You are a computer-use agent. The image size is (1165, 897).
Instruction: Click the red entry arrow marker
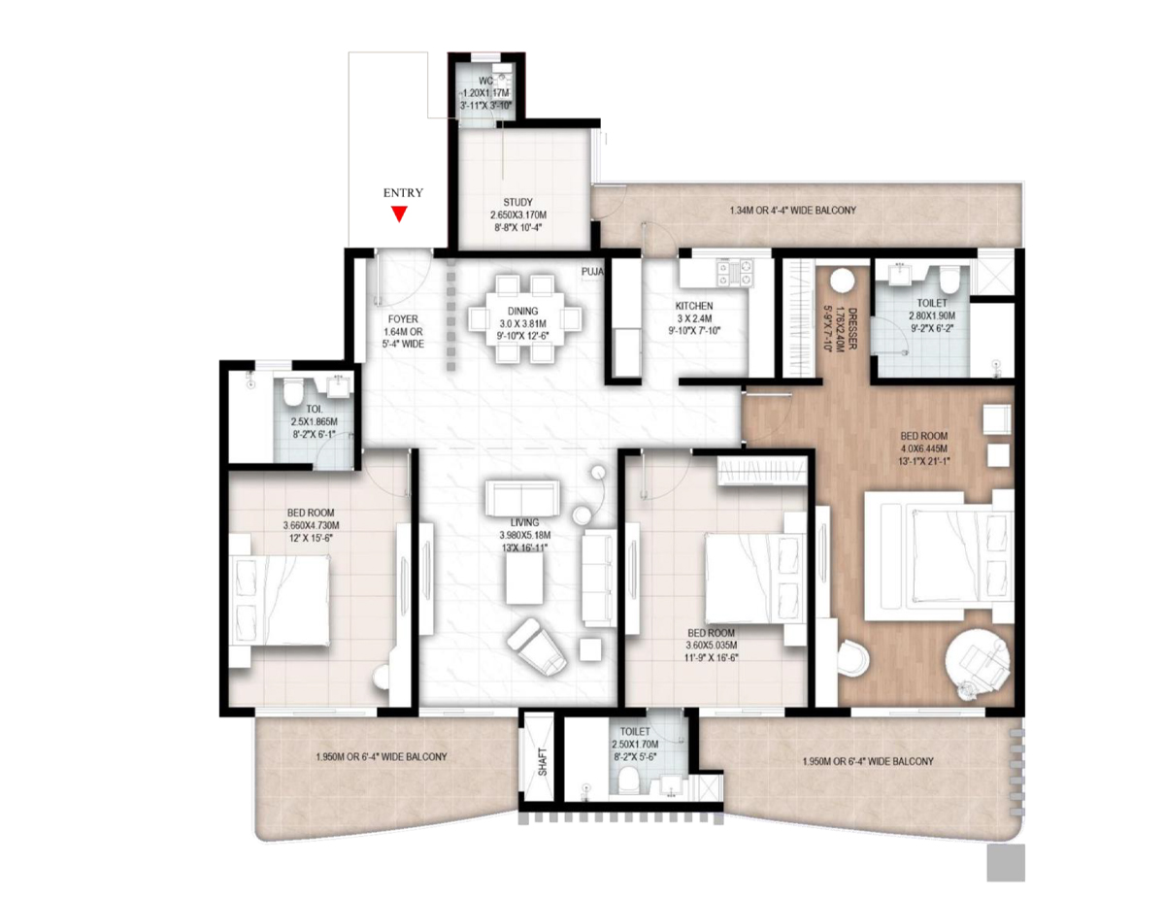pos(398,214)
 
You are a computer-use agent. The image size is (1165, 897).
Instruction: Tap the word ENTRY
pos(403,192)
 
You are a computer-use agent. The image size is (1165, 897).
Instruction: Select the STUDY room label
pos(517,202)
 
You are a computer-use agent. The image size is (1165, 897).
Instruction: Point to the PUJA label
pos(592,272)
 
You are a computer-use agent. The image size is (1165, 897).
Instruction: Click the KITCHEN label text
pos(694,306)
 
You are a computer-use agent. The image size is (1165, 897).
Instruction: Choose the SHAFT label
pos(543,761)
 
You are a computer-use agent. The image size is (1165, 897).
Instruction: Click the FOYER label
pos(403,319)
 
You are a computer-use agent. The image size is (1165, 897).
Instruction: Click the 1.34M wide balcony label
pos(792,211)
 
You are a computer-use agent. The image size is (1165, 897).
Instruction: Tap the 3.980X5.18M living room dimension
pos(525,535)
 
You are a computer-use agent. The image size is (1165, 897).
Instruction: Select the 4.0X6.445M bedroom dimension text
pos(923,448)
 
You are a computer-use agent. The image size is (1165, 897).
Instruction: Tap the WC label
pos(486,81)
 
